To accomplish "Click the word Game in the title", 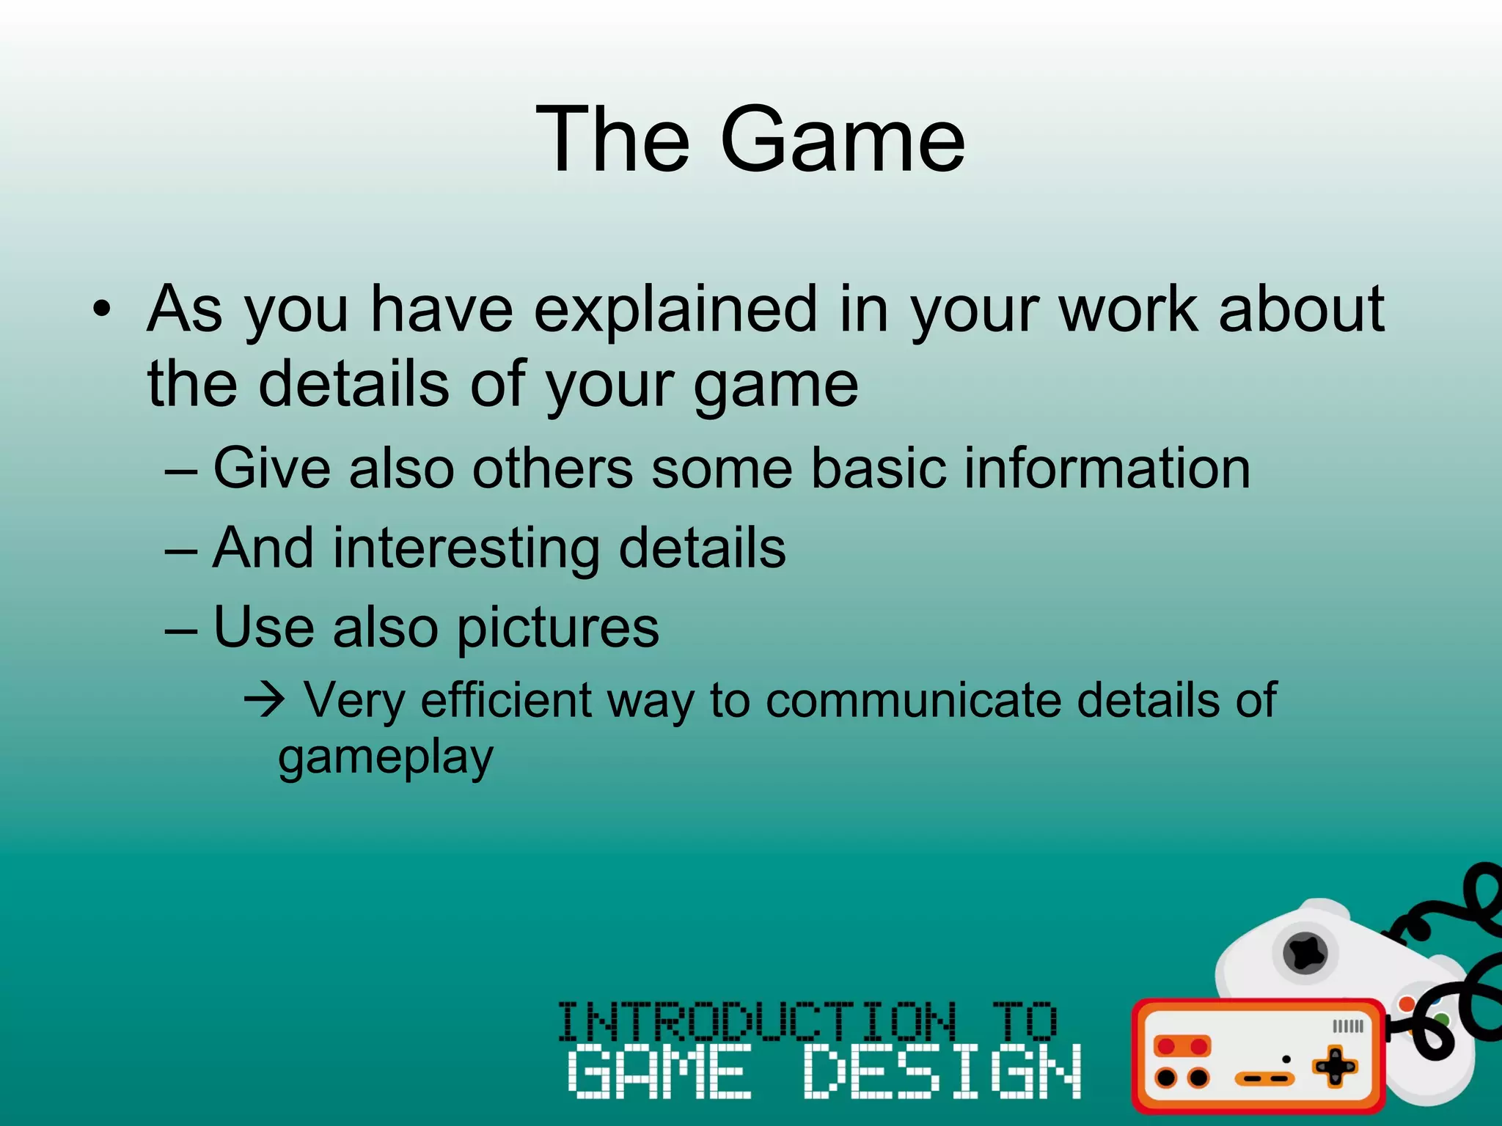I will [843, 141].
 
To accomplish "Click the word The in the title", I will [612, 141].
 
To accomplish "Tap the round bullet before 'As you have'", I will [102, 309].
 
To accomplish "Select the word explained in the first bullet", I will [675, 309].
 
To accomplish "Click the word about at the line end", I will [1301, 309].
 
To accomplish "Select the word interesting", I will [466, 548].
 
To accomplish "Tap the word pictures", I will [557, 628].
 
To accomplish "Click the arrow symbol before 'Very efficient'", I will [264, 701].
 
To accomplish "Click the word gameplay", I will [386, 758].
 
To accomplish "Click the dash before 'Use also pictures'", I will [181, 630].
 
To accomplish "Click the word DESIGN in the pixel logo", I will [942, 1072].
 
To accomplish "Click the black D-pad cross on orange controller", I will [1335, 1067].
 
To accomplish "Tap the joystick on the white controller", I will [1305, 954].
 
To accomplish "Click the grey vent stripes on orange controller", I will [1348, 1026].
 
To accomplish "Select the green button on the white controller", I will [1442, 1020].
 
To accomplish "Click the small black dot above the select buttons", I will [1286, 1059].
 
